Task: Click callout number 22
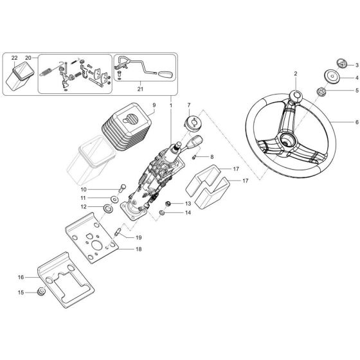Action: (15, 58)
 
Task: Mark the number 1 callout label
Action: (170, 104)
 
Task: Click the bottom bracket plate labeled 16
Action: (69, 279)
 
